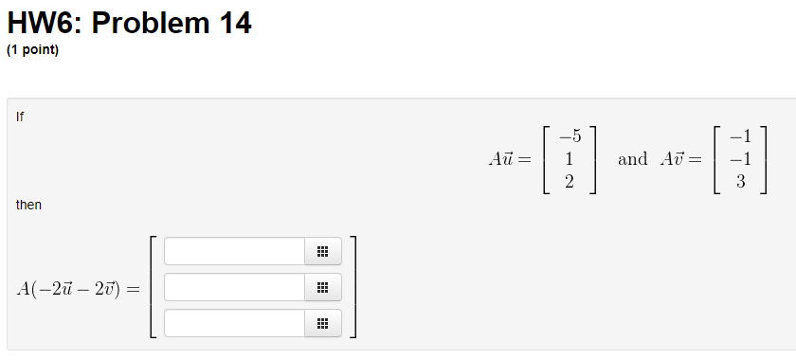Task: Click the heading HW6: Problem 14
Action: (x=129, y=23)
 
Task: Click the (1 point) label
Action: (x=32, y=50)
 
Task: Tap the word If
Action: (x=20, y=117)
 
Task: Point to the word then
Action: (x=28, y=205)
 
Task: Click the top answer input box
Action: (x=234, y=251)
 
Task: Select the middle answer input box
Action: (x=234, y=287)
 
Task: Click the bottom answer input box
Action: (x=234, y=323)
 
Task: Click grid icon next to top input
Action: (x=322, y=251)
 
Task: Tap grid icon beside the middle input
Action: (x=322, y=287)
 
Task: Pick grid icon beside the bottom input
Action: (x=322, y=323)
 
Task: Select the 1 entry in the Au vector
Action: (x=569, y=159)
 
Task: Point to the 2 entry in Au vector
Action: (x=569, y=182)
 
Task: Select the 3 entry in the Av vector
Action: (x=742, y=182)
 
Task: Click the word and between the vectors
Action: (x=632, y=159)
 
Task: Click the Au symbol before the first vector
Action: (x=501, y=159)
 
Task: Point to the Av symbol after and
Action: (x=674, y=159)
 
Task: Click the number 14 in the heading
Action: (x=235, y=23)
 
